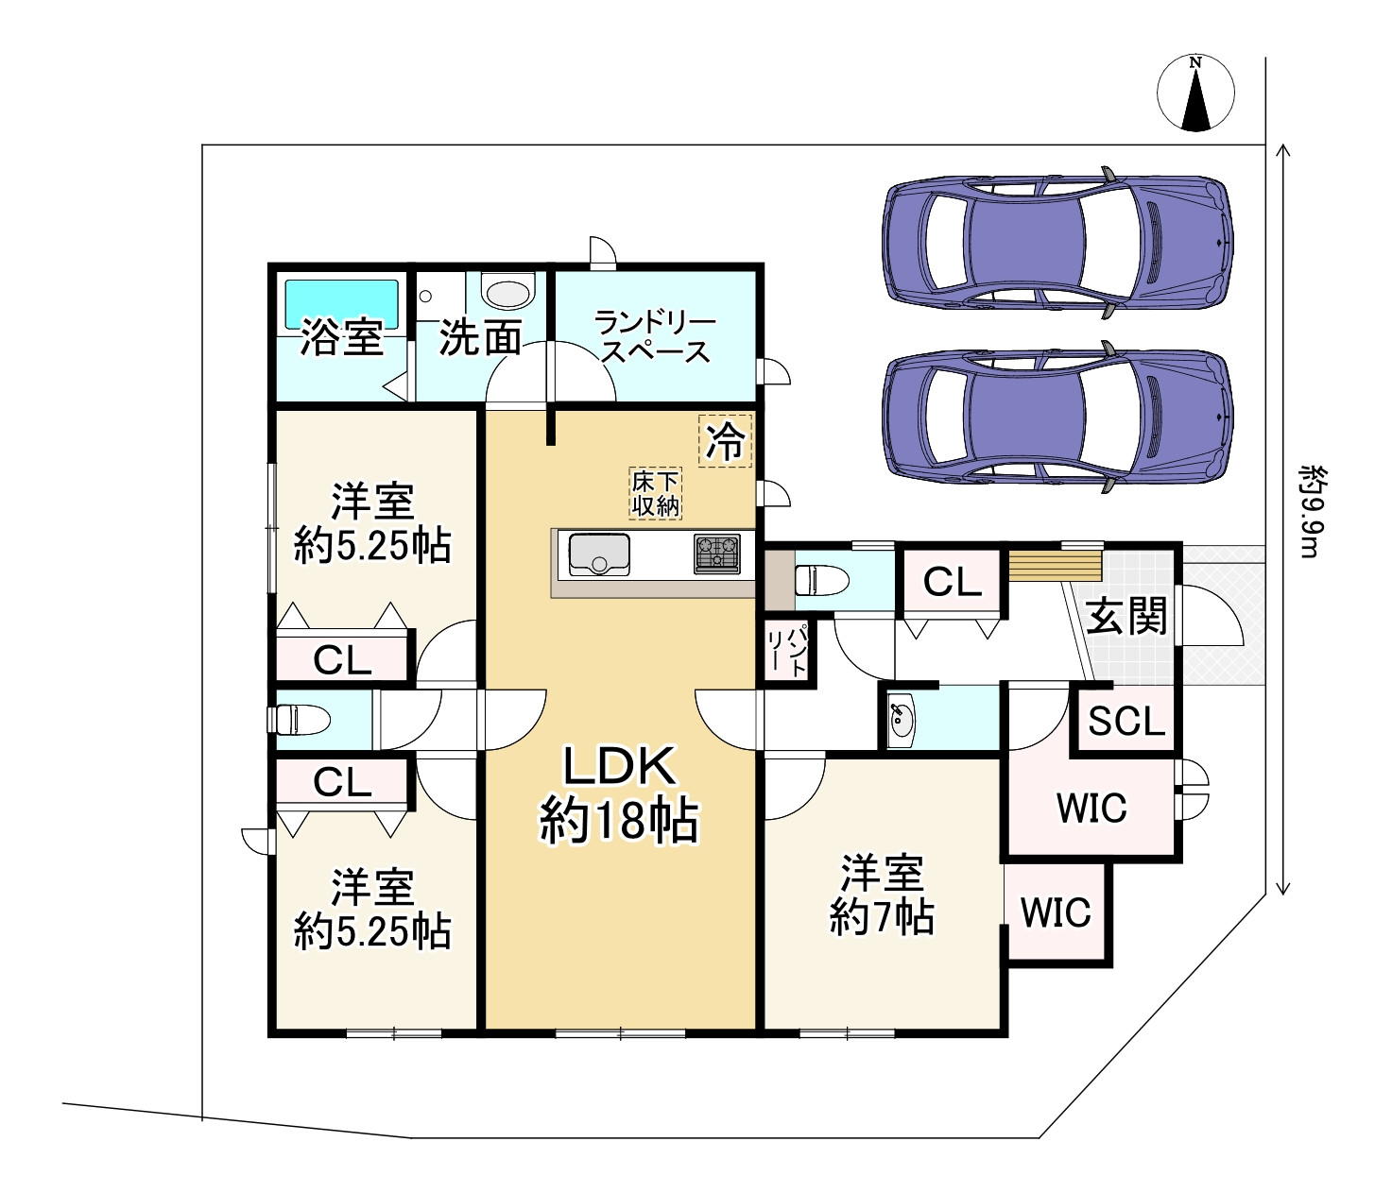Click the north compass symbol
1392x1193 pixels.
(x=1195, y=94)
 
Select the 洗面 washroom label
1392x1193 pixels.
(x=480, y=337)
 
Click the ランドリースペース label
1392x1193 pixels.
(x=655, y=337)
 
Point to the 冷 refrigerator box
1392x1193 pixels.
(x=726, y=440)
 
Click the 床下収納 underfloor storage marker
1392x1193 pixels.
(x=656, y=493)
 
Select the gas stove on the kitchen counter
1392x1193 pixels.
(x=716, y=554)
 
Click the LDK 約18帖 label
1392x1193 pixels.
(x=619, y=792)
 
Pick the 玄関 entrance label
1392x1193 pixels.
(x=1126, y=617)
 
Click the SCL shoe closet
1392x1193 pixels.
(x=1126, y=722)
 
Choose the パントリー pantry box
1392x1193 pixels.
(x=788, y=650)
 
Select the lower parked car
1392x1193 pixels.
(x=1057, y=417)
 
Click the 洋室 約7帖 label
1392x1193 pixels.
(x=882, y=895)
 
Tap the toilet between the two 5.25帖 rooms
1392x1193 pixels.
(x=301, y=720)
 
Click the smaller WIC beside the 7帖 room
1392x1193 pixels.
(x=1056, y=912)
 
